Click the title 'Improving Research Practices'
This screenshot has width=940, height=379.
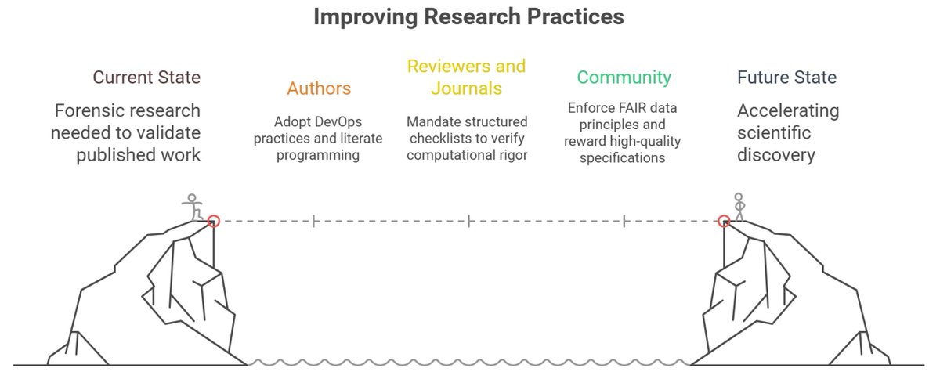468,16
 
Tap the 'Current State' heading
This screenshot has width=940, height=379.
146,78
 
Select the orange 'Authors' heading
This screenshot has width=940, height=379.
319,88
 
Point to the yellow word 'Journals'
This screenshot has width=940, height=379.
466,88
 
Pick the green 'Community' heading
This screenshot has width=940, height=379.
624,78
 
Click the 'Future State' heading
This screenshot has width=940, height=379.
786,78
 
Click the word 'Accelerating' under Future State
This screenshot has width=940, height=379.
788,111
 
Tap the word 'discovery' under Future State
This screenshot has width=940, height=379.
776,155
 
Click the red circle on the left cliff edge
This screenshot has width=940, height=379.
214,221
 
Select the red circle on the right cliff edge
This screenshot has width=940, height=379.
724,221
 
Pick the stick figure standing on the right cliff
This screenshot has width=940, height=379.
739,207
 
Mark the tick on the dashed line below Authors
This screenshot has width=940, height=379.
313,221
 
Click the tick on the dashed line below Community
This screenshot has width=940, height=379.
624,221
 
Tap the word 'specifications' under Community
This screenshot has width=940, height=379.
622,158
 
